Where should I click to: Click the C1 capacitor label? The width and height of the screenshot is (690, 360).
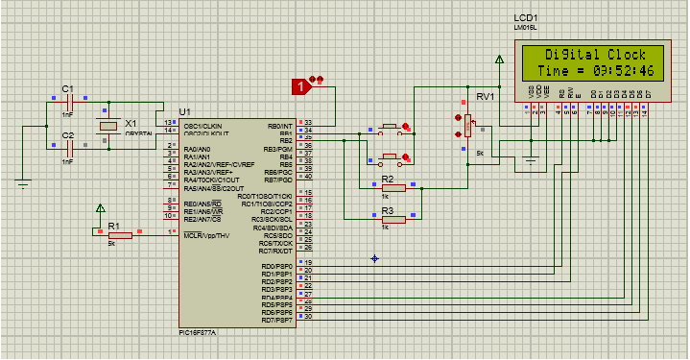point(67,88)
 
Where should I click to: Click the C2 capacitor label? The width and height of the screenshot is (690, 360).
point(67,136)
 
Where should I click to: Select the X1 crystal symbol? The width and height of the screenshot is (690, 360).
point(107,126)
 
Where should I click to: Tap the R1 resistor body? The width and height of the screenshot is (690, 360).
point(119,232)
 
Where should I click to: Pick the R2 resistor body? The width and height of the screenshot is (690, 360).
point(393,188)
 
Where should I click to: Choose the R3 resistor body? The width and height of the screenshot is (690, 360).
point(393,219)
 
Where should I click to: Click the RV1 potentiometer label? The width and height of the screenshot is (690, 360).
point(486,97)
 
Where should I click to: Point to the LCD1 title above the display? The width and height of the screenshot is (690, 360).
point(527,18)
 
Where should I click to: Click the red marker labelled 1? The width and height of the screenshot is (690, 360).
point(302,86)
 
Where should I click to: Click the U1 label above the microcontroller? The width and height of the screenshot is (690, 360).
point(184,112)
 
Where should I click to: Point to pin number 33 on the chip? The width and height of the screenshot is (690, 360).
point(308,124)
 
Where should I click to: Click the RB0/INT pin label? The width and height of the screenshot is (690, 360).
point(279,126)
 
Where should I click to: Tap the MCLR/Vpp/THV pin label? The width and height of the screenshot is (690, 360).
point(206,234)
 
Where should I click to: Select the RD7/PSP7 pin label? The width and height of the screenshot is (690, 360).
point(276,320)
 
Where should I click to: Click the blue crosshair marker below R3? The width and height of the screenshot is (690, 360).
point(375,257)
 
